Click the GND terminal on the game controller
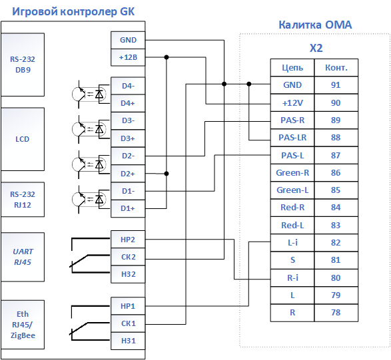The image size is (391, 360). pos(128,40)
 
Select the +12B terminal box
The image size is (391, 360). pos(128,57)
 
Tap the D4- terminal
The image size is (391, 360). pos(128,86)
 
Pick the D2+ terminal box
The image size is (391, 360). pos(128,174)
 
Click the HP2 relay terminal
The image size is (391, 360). pos(128,240)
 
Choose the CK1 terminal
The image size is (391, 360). pos(128,323)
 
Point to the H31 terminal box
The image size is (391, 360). pos(128,341)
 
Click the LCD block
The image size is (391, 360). pos(23,139)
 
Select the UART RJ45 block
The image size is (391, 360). pos(23,257)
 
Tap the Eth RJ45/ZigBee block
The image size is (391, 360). pos(23,325)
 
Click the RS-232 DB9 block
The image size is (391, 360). pos(23,65)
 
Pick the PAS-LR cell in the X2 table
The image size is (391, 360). pos(292,138)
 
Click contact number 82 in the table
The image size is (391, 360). pos(336,243)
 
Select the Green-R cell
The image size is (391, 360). pos(292,172)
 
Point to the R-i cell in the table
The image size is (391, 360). pos(292,277)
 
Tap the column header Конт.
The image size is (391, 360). pos(336,67)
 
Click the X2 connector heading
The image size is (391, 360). pos(316,48)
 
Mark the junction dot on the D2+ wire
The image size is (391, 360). pos(167,174)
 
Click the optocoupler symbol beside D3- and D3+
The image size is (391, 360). pos(91,129)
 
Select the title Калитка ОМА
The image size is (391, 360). pos(315,25)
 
